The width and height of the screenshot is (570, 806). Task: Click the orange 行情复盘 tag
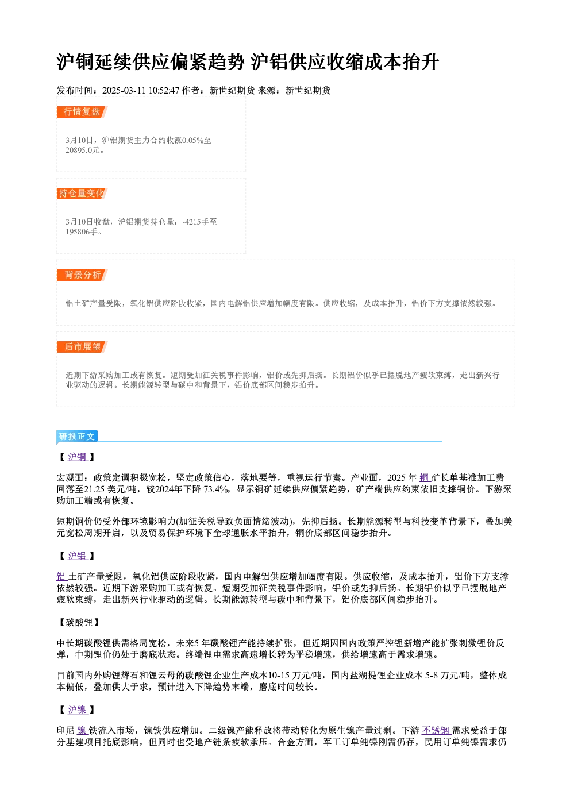coord(82,112)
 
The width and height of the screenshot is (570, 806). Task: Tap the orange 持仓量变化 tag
coord(82,194)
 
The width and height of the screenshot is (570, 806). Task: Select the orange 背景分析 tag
coord(82,275)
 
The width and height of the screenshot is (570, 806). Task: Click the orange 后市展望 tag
coord(82,347)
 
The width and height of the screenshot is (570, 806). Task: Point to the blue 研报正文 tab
coord(77,437)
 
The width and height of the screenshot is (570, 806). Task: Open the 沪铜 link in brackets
coord(78,457)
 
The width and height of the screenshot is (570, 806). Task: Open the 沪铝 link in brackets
coord(78,556)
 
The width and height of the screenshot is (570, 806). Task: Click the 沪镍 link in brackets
coord(78,710)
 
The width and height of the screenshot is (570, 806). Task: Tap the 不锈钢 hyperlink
coord(436,731)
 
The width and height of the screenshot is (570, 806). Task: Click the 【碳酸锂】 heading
coord(79,623)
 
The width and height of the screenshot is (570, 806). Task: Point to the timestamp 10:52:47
coord(164,91)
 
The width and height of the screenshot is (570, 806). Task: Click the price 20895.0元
coord(82,151)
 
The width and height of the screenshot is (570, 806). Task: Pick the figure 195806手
coord(82,232)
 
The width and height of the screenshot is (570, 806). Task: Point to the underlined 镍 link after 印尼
coord(82,731)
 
